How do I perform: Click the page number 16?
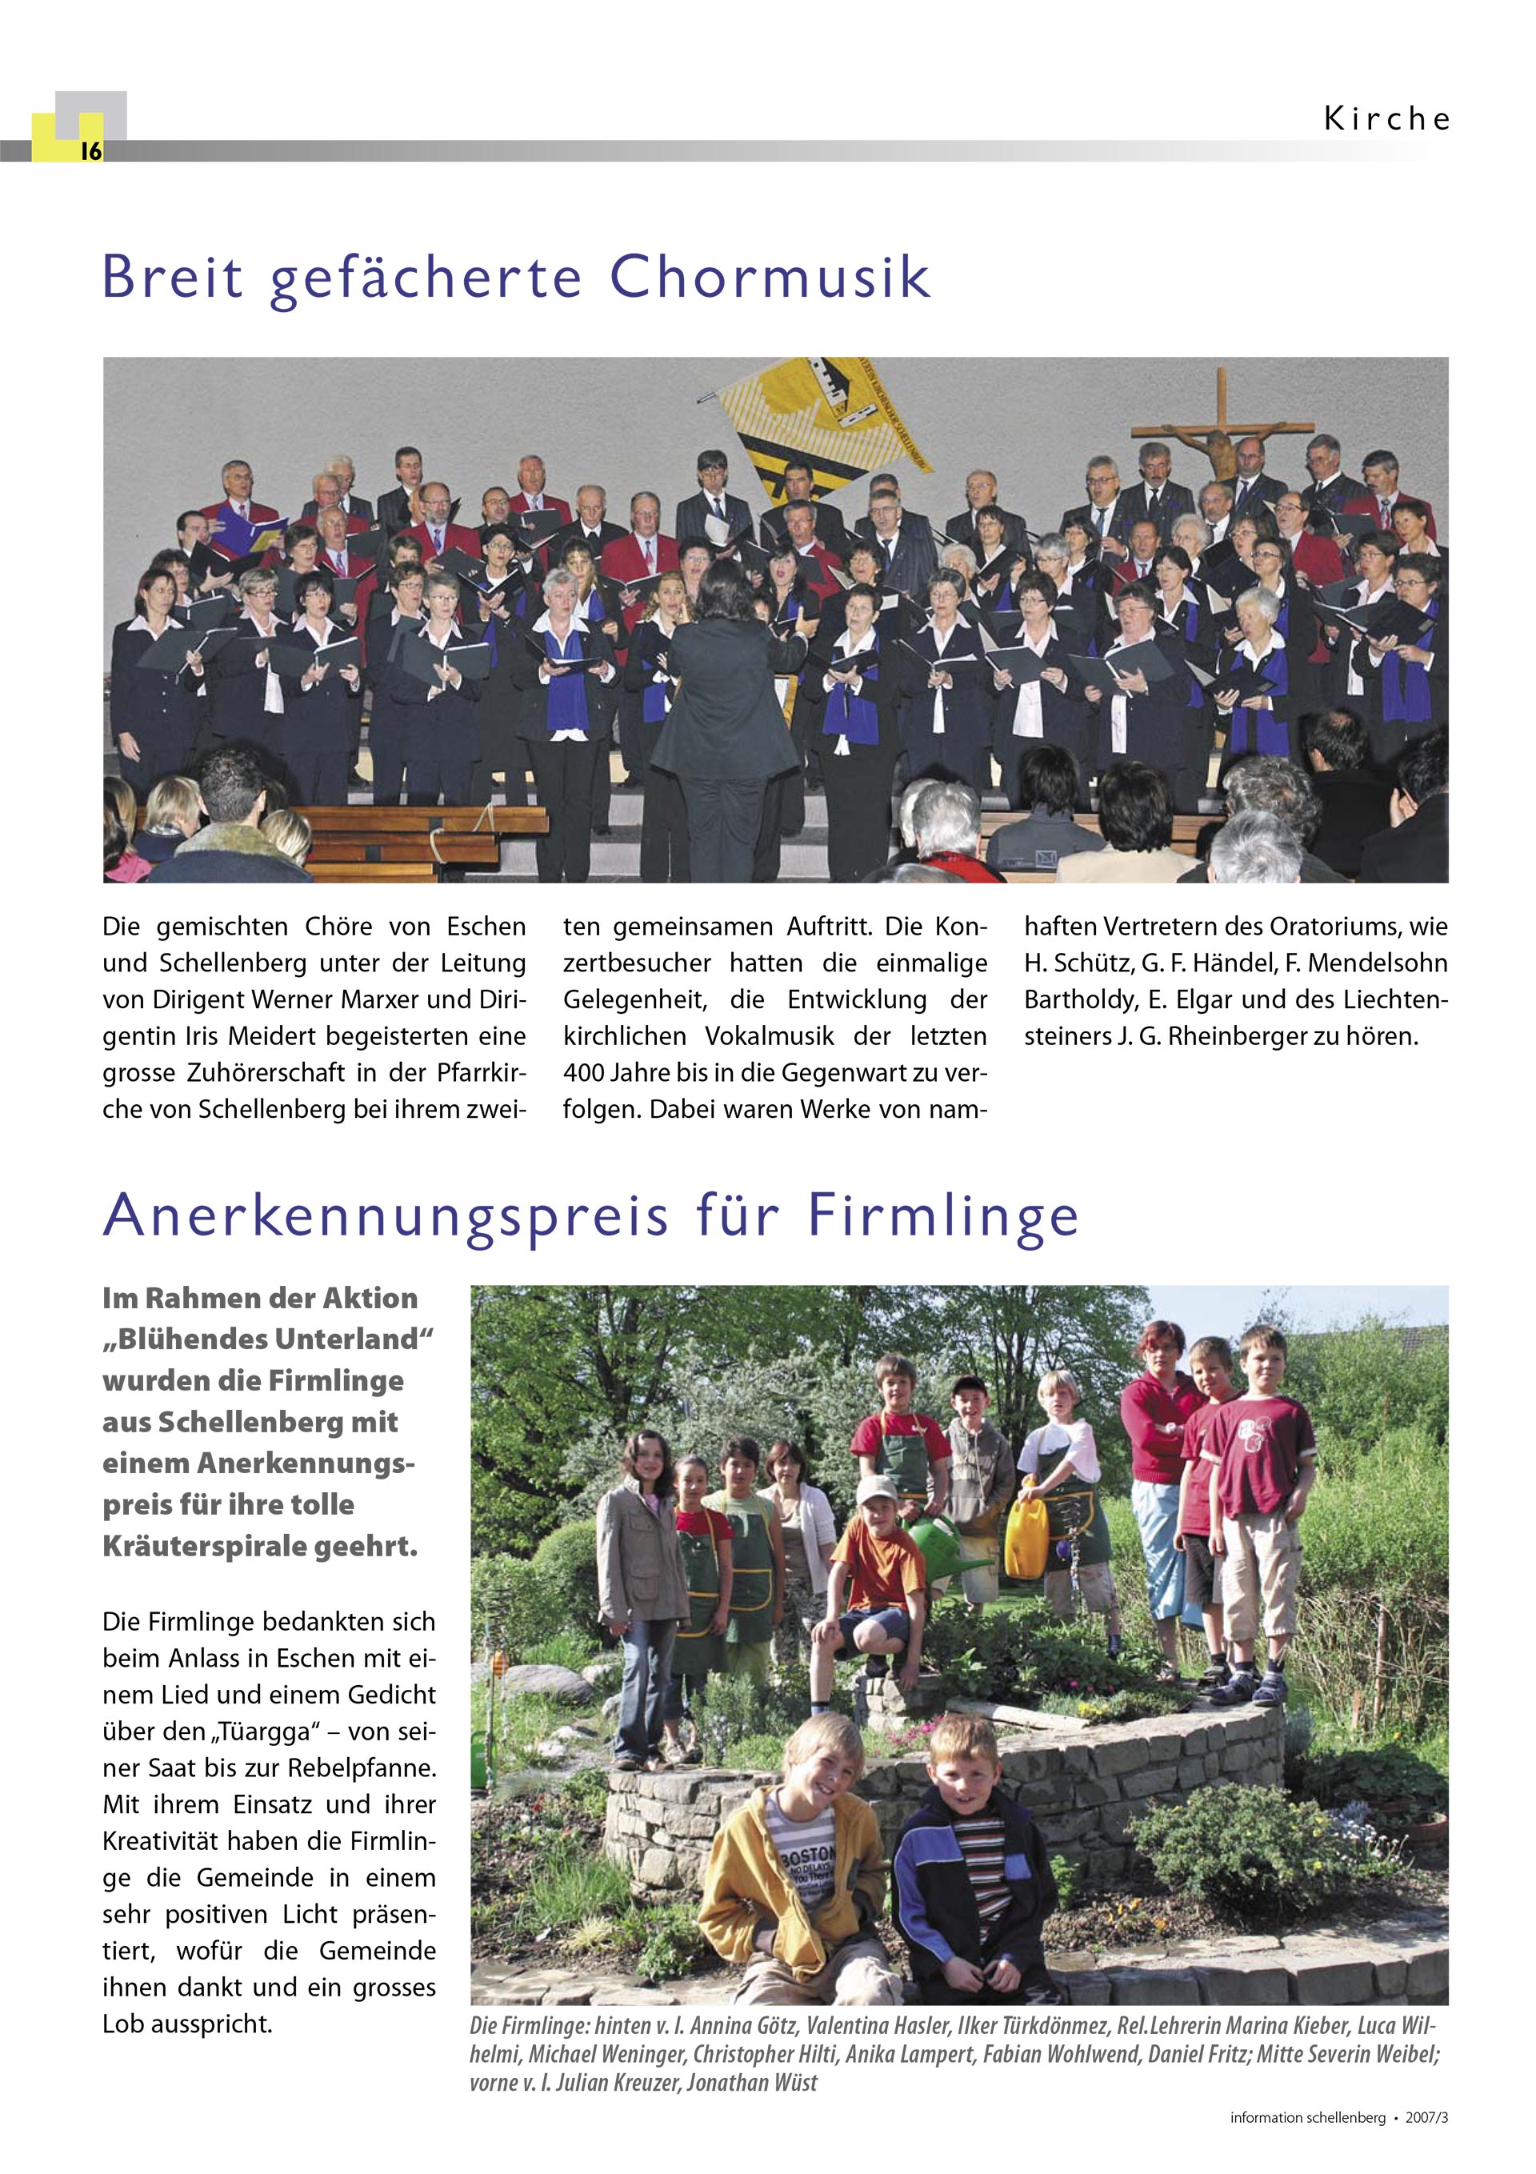click(90, 150)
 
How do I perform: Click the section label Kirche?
click(1386, 119)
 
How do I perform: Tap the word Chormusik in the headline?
click(769, 278)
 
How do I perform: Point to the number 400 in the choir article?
click(582, 1073)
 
